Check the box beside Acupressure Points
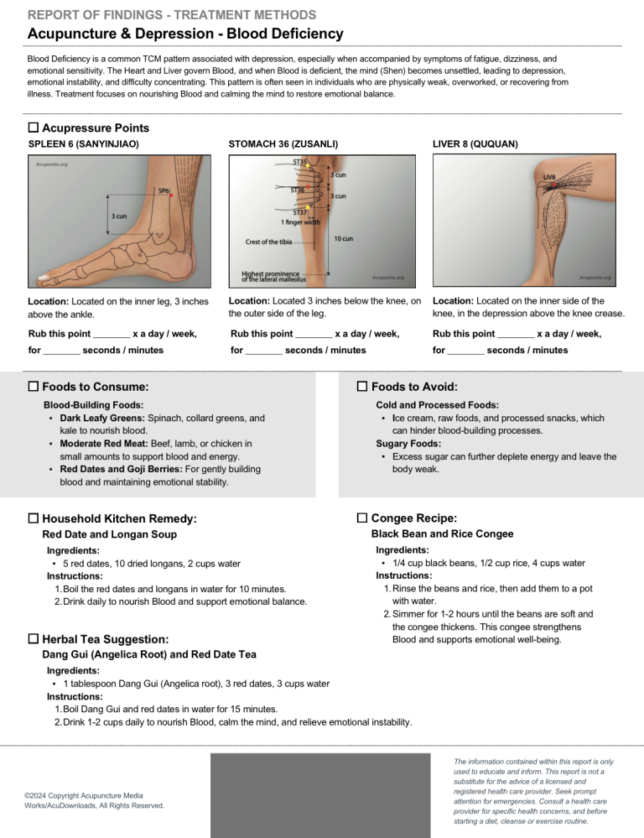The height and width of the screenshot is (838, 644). [34, 128]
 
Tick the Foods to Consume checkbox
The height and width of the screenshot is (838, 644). [34, 387]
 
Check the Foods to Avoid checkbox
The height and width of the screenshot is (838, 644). [362, 387]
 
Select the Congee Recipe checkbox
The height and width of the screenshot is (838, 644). [362, 518]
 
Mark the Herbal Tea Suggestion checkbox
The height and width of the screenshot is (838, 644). [34, 639]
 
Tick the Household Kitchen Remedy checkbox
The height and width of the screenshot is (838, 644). [34, 519]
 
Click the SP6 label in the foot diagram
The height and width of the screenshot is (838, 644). [164, 190]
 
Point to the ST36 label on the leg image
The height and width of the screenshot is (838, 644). [297, 190]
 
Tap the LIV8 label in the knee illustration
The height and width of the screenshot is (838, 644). [550, 177]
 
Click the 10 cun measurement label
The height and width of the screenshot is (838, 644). [343, 239]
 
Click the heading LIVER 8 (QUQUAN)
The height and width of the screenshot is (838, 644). [475, 144]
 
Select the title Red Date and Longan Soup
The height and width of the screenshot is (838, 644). [109, 534]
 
